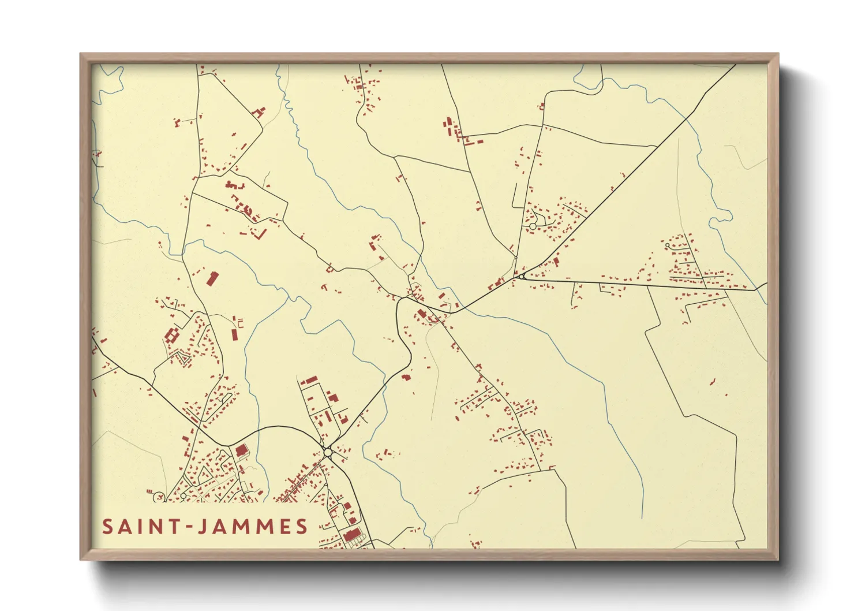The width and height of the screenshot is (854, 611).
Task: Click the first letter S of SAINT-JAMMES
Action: [108, 527]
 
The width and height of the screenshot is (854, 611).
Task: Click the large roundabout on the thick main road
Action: [328, 452]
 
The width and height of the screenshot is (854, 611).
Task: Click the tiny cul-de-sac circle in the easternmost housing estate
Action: [668, 245]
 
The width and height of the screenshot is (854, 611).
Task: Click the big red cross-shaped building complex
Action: [171, 336]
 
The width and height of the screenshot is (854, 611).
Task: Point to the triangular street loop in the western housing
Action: [183, 359]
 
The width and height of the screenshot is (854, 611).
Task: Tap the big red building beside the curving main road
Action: [241, 450]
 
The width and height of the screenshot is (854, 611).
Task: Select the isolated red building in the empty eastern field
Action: [712, 381]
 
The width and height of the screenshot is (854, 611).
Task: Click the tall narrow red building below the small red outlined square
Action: [234, 334]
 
